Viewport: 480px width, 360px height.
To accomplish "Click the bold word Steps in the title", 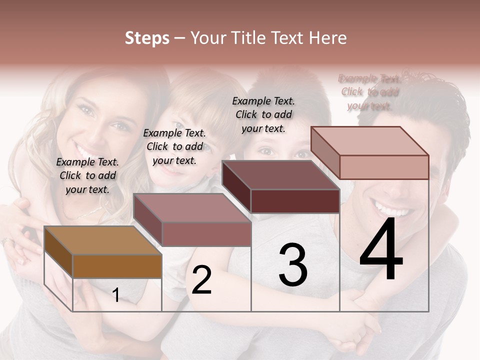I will click(147, 38).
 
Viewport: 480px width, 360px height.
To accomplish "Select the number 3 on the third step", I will click(293, 265).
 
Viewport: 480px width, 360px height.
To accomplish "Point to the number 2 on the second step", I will click(201, 280).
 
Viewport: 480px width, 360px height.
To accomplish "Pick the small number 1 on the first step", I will click(116, 295).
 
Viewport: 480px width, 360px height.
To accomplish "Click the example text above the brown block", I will click(87, 175).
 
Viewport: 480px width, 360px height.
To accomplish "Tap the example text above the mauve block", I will click(174, 146).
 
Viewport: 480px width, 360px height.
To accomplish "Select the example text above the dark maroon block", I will click(263, 114).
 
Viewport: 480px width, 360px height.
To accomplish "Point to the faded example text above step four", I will click(369, 92).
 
